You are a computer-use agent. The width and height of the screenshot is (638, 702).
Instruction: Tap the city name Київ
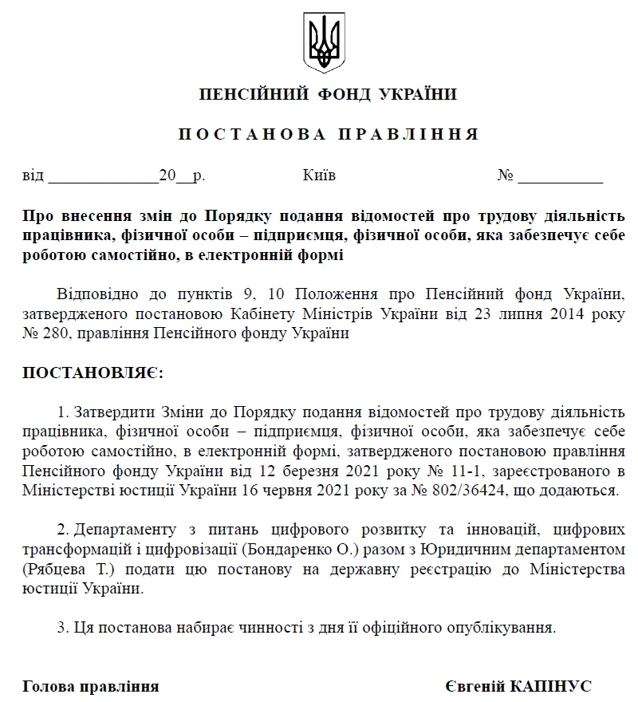pyautogui.click(x=320, y=175)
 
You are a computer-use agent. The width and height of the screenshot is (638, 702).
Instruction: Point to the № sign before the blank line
pyautogui.click(x=506, y=175)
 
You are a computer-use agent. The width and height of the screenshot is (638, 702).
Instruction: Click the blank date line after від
pyautogui.click(x=103, y=176)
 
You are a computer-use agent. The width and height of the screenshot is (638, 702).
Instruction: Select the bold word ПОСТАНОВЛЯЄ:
pyautogui.click(x=92, y=373)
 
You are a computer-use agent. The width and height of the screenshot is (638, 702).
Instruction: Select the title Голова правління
pyautogui.click(x=90, y=685)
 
